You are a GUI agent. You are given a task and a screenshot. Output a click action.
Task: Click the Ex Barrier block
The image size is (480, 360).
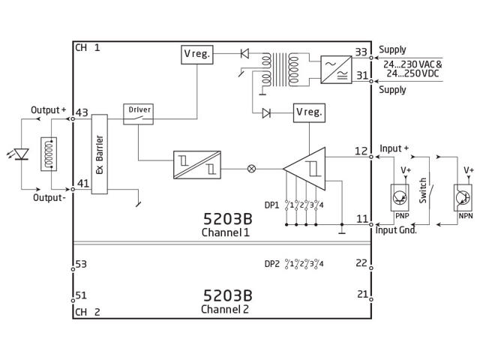click(x=100, y=154)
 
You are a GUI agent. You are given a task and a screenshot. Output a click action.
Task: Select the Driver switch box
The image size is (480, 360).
click(x=138, y=114)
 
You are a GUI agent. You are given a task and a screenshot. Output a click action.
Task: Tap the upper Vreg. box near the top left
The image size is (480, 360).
click(x=197, y=55)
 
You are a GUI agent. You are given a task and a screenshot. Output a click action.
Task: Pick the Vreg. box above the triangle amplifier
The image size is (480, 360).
click(x=309, y=113)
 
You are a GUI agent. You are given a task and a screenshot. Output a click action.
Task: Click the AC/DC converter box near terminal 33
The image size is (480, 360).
click(x=336, y=70)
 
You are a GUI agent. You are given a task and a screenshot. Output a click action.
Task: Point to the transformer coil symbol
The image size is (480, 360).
click(x=280, y=70)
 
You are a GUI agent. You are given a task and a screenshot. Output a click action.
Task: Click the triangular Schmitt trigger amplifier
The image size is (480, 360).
click(x=304, y=169)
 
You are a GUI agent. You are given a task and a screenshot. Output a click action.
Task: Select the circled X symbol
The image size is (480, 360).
click(x=251, y=169)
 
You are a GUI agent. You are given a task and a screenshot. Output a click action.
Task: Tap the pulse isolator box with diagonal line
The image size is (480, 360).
click(x=197, y=165)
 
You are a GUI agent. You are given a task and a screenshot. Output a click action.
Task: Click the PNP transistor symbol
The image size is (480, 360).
click(x=400, y=197)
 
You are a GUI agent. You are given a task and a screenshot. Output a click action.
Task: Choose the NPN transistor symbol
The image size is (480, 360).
click(x=463, y=197)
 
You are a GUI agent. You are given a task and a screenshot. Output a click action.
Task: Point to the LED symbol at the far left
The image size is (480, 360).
click(x=22, y=154)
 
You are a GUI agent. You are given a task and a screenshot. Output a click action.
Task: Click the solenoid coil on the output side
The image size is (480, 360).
click(x=49, y=154)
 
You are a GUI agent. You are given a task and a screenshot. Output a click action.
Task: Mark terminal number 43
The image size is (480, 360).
click(x=82, y=112)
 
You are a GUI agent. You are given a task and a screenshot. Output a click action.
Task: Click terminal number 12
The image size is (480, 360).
click(x=361, y=151)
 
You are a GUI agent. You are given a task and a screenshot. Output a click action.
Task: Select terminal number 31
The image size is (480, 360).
click(x=362, y=75)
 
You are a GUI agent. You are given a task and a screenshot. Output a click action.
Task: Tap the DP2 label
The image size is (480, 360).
click(x=272, y=263)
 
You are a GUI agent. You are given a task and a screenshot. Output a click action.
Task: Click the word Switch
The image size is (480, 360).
click(x=423, y=190)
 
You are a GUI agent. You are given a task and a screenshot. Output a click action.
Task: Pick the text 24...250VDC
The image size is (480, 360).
click(x=412, y=73)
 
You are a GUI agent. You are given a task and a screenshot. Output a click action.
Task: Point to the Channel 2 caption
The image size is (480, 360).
click(x=225, y=309)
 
